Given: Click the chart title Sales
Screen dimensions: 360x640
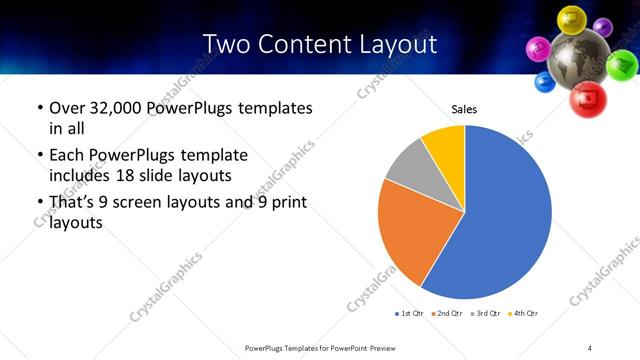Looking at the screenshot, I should point(464,108).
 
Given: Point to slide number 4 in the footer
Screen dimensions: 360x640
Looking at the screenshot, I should point(590,347).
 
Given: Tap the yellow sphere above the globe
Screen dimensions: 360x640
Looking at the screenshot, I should point(571,17).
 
